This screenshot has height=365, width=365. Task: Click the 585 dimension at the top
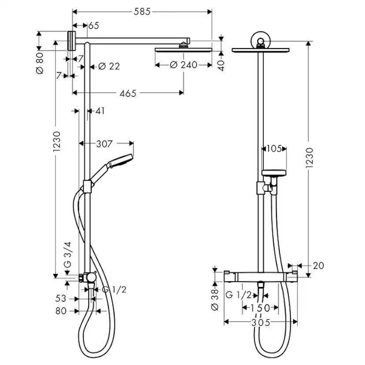click(142, 12)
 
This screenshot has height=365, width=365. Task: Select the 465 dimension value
click(128, 93)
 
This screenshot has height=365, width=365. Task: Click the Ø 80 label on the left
click(40, 63)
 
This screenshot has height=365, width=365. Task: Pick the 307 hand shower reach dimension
click(105, 143)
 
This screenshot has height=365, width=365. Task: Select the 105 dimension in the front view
click(274, 149)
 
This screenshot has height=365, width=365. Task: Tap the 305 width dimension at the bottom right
click(261, 322)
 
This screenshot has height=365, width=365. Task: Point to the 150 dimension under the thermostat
click(261, 307)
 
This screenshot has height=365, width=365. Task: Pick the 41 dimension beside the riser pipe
click(100, 111)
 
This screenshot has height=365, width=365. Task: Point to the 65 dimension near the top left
click(93, 26)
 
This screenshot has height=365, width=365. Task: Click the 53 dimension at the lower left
click(61, 299)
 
